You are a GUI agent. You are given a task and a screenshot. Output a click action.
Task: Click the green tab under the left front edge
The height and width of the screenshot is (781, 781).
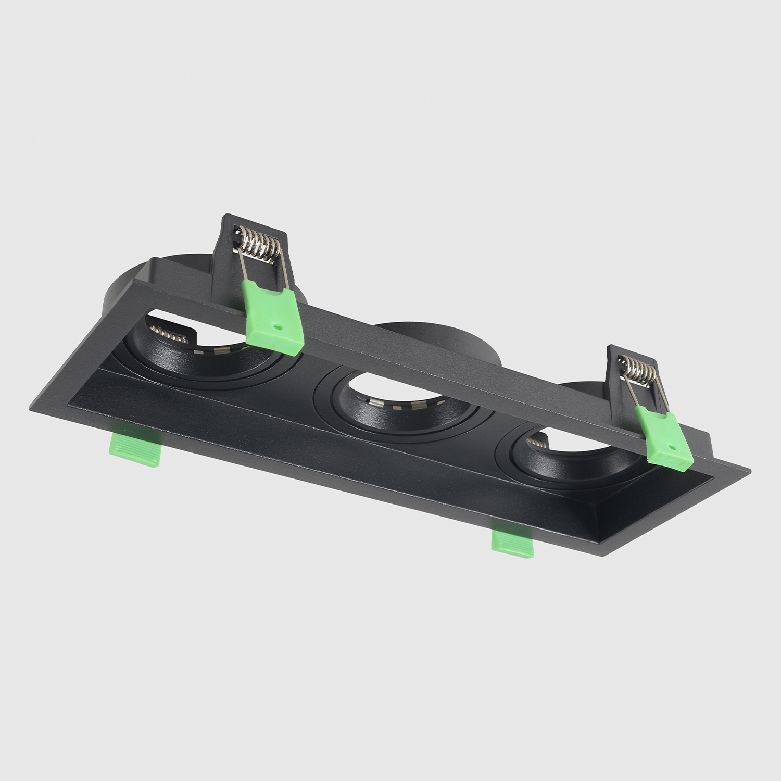pyautogui.click(x=134, y=449)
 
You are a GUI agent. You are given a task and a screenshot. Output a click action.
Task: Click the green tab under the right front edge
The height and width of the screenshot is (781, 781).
pyautogui.click(x=513, y=544)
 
